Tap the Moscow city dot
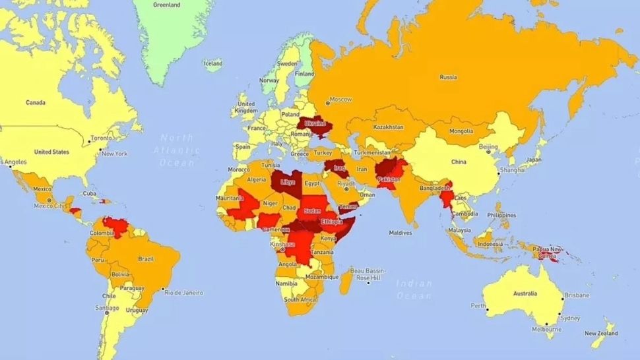click(327, 103)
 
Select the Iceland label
click(213, 64)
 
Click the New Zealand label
click(600, 334)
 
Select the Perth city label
click(478, 305)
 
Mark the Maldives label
click(400, 233)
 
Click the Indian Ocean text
click(414, 290)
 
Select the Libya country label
click(288, 181)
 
